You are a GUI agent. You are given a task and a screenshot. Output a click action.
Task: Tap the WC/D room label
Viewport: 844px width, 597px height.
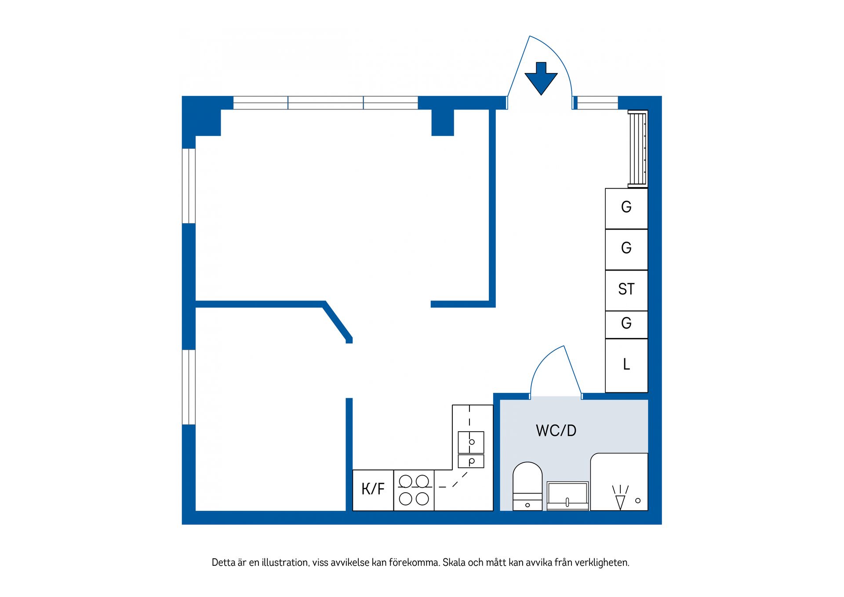click(x=556, y=430)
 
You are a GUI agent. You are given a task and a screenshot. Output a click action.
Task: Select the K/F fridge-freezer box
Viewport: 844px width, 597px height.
click(x=373, y=490)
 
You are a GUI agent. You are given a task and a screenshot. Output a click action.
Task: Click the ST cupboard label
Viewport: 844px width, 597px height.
click(x=626, y=289)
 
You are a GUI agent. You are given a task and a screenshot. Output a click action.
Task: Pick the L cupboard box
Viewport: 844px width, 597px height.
click(x=626, y=365)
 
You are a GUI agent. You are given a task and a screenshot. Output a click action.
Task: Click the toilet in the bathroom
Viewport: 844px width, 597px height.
click(x=527, y=486)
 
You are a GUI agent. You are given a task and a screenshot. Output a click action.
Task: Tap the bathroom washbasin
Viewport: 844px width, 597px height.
click(x=568, y=495)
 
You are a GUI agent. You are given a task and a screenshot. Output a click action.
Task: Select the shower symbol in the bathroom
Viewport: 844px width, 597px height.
click(x=620, y=497)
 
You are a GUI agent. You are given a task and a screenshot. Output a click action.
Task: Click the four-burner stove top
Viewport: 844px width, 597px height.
click(x=414, y=490)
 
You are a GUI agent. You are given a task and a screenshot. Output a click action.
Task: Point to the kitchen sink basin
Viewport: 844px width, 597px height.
click(x=471, y=442)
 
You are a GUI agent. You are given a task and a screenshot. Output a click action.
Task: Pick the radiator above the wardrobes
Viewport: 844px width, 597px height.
click(x=637, y=149)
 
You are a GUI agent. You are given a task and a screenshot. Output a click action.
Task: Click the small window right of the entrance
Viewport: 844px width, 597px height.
click(x=597, y=103)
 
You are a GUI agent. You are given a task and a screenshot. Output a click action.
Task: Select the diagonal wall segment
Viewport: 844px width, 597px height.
click(x=338, y=322)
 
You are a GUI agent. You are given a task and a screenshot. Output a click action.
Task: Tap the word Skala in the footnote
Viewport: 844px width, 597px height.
click(x=454, y=562)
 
